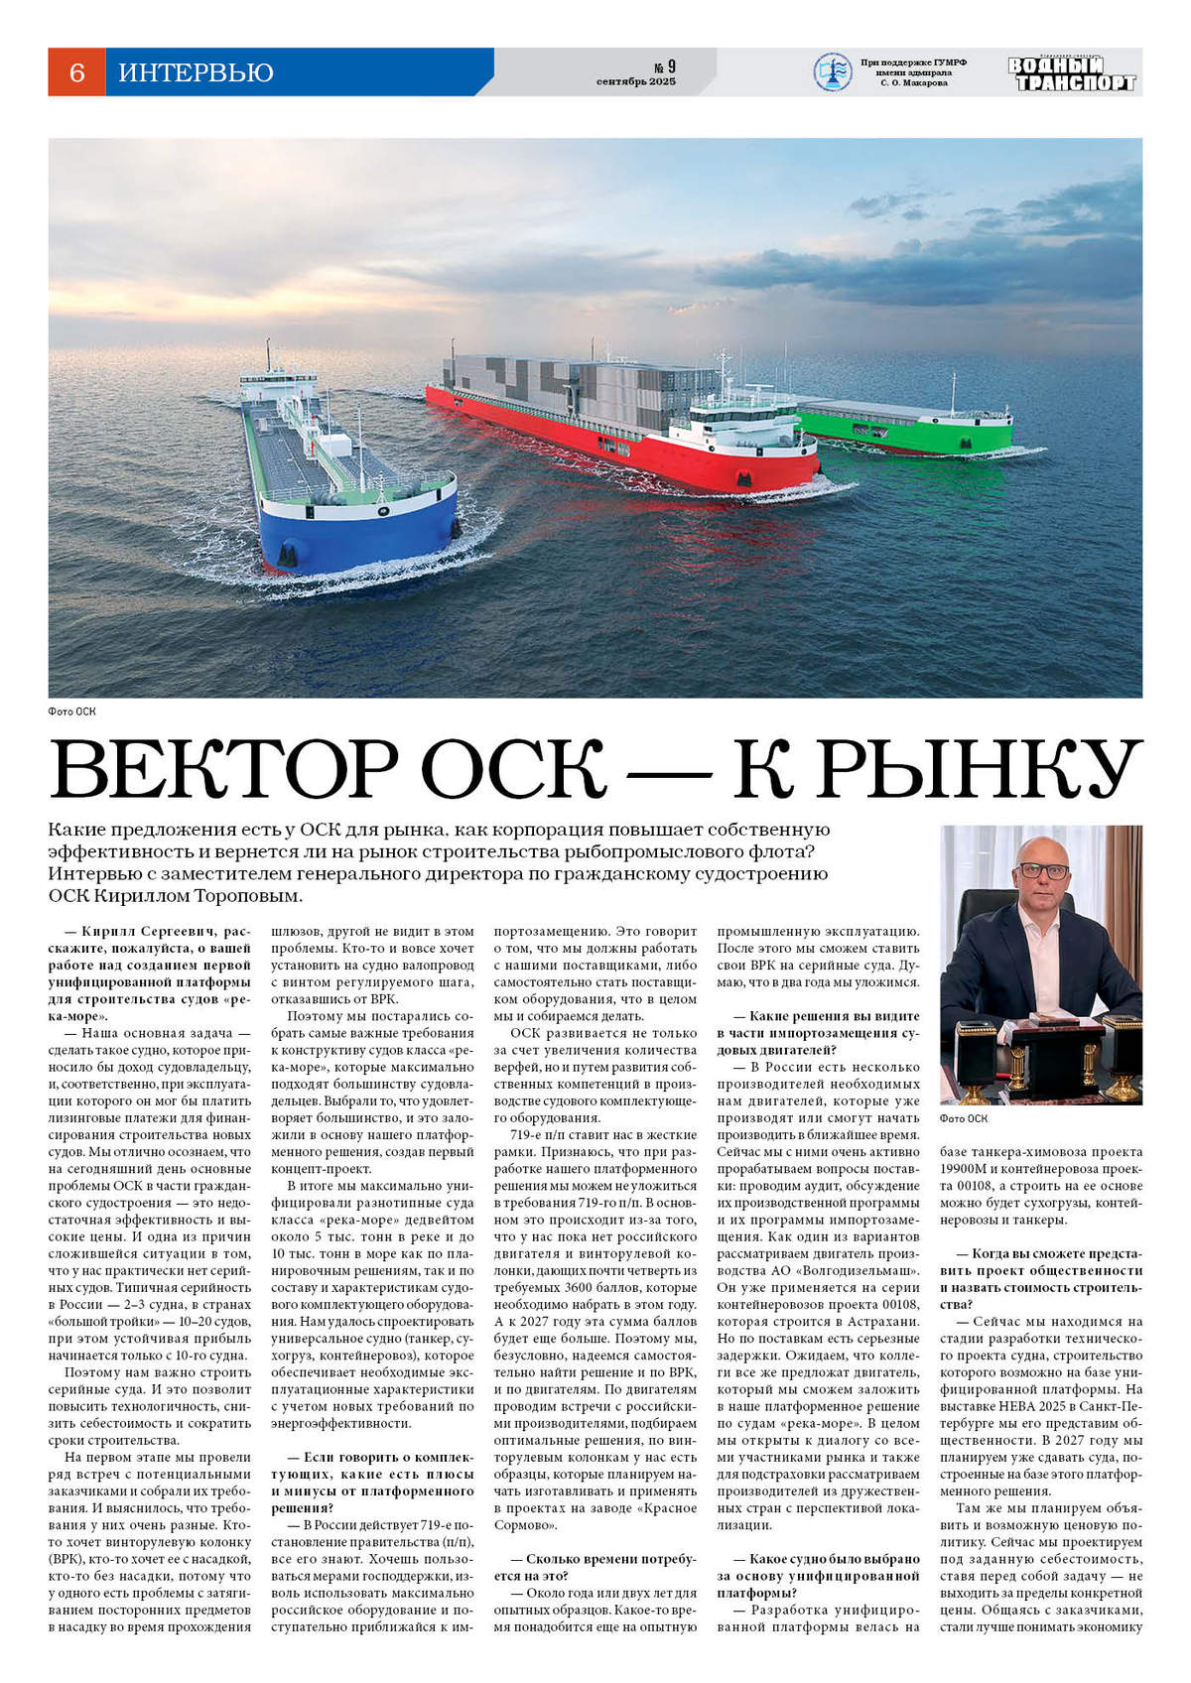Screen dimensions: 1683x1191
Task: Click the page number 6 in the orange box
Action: (76, 72)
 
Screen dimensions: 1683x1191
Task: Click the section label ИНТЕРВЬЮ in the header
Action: (196, 72)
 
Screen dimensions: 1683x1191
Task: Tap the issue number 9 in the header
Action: (671, 66)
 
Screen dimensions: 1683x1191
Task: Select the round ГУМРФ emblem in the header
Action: (832, 71)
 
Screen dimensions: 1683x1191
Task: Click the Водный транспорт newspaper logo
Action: (1071, 73)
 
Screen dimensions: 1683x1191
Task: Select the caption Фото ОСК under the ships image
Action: (71, 712)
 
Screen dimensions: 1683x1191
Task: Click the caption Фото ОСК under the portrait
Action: (964, 1118)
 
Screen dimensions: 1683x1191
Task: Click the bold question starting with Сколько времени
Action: (595, 1567)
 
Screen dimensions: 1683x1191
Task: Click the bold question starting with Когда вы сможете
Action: (1042, 1270)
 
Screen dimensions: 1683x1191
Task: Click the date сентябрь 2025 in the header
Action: (636, 81)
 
